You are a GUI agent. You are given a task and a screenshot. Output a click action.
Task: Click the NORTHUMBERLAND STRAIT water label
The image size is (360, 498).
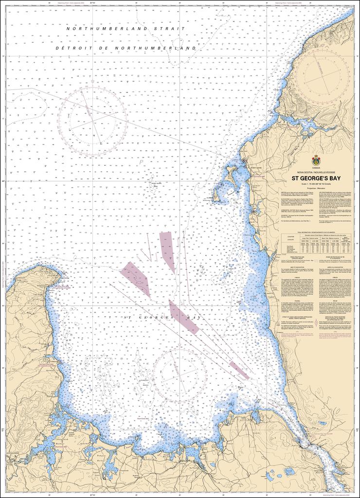pos(126,29)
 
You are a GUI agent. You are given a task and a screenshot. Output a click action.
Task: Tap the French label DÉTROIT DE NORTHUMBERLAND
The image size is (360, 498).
pos(126,49)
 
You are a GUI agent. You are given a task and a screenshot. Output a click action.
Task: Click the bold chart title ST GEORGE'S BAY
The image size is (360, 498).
pos(316,178)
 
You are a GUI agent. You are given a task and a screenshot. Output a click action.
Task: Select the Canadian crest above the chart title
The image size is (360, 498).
pos(316,160)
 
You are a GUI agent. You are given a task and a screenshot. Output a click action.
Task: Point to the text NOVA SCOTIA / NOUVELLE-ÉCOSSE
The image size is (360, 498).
pos(316,172)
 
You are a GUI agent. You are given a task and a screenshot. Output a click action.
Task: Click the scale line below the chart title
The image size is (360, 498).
pos(316,183)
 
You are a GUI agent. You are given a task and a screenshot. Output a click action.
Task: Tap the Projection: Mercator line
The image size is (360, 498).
pos(316,187)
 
